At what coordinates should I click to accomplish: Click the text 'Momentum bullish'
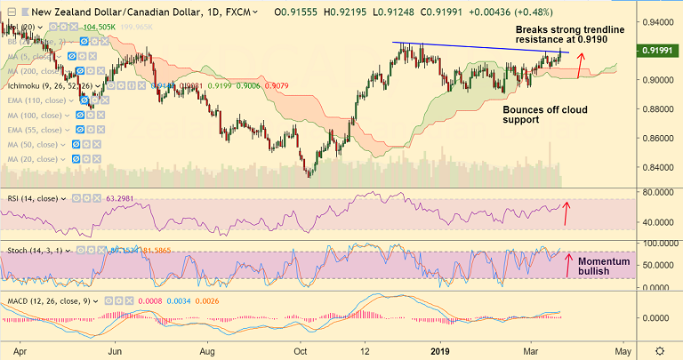605,267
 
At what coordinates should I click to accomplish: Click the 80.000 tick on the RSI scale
655,192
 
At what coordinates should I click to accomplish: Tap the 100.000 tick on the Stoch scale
655,243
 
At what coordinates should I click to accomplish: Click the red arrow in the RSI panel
567,213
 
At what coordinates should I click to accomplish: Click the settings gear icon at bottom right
660,350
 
